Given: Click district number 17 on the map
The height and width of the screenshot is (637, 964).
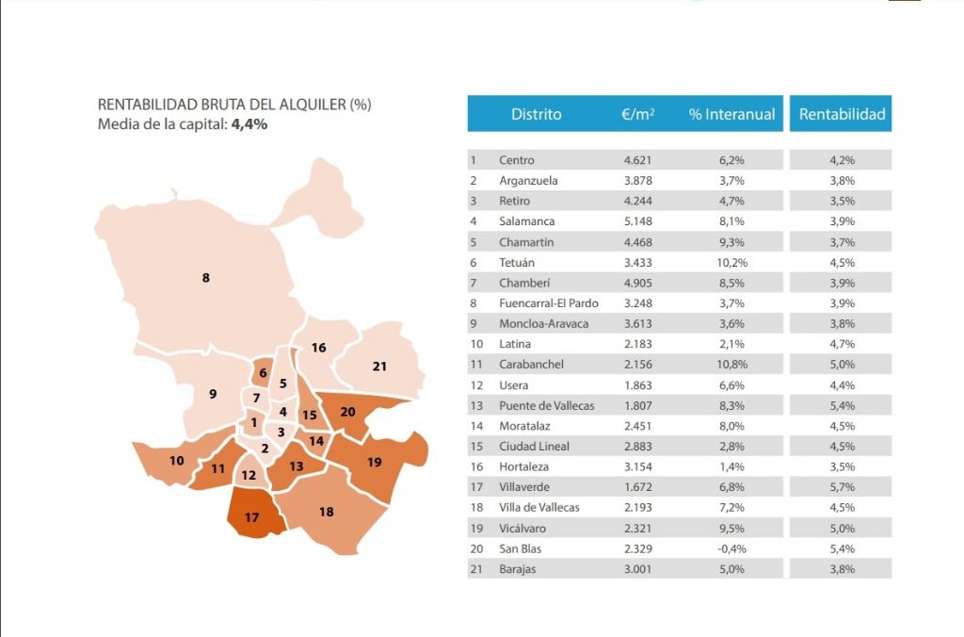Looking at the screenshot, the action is point(252,517).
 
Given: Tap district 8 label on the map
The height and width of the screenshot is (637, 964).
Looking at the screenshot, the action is point(206,278).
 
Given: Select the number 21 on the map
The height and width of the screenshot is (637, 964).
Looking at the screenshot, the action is point(379,367).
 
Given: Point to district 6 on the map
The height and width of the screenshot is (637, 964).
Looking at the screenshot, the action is point(264,372).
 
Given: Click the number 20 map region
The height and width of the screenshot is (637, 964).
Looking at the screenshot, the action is point(348,412).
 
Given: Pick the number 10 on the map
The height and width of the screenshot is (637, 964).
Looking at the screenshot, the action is point(176,461).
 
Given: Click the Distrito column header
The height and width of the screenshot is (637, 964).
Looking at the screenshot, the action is point(536,114).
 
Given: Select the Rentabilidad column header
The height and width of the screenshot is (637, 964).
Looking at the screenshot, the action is point(842,114).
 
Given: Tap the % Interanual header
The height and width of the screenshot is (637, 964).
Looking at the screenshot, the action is point(731,114).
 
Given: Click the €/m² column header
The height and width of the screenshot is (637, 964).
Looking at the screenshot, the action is point(637,114).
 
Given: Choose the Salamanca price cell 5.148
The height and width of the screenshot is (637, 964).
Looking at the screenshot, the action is point(637,220).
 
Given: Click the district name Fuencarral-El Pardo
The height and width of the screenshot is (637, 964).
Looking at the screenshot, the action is point(549,302).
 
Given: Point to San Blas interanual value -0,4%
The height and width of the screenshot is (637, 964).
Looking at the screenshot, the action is point(731,548).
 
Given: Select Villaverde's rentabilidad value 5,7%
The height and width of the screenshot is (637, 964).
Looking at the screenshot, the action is point(842,487).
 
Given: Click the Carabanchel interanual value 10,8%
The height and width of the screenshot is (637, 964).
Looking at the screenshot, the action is point(731,365).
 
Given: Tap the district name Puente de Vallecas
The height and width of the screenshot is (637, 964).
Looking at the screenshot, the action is point(547,405).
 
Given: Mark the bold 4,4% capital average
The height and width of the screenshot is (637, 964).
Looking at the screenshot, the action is point(249,124).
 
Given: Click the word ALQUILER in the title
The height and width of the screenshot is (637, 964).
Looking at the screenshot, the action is point(313,105).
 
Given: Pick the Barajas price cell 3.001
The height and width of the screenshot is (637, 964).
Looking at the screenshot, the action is point(637,569).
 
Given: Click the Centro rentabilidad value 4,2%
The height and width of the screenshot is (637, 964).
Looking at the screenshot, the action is point(842,160).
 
